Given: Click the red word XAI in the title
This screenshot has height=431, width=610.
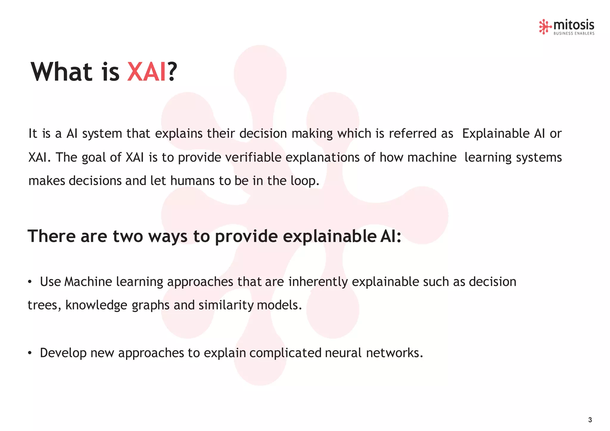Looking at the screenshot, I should point(146,72).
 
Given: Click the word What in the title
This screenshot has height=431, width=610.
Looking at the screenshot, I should point(62,72).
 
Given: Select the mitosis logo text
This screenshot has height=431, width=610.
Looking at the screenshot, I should point(573,25).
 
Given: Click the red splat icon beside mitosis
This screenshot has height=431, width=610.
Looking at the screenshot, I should point(545,27).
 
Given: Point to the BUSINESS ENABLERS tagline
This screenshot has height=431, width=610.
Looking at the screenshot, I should point(574,34).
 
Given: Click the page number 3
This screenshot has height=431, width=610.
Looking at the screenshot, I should point(590,420).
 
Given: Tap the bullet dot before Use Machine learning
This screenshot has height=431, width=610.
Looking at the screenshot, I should point(29,282).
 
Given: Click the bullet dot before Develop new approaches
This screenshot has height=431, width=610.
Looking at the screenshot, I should point(29,353).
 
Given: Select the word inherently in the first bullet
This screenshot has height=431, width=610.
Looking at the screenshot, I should point(318,282).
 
